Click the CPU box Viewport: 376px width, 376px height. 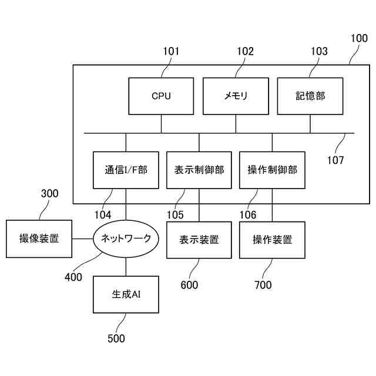click(161, 96)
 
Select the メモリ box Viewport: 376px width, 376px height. click(236, 96)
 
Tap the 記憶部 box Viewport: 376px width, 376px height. click(310, 96)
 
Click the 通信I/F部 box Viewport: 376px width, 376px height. click(126, 170)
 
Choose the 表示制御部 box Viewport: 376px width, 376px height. click(199, 170)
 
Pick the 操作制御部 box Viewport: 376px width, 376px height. click(272, 170)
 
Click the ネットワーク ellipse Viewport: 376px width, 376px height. click(126, 239)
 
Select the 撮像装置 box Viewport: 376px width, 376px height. click(39, 239)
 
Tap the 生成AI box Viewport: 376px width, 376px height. click(126, 294)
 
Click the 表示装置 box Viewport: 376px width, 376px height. click(199, 240)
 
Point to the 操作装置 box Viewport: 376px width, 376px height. click(272, 240)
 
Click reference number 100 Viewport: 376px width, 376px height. click(359, 38)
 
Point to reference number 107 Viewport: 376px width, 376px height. click(335, 160)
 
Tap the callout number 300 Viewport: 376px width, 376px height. click(49, 193)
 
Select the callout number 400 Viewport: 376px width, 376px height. click(73, 277)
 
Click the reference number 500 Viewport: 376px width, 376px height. click(116, 338)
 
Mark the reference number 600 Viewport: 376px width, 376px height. click(189, 285)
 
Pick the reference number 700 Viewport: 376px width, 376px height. click(263, 285)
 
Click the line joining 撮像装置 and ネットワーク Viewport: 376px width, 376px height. click(82, 239)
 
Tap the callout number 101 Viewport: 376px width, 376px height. click(171, 51)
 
